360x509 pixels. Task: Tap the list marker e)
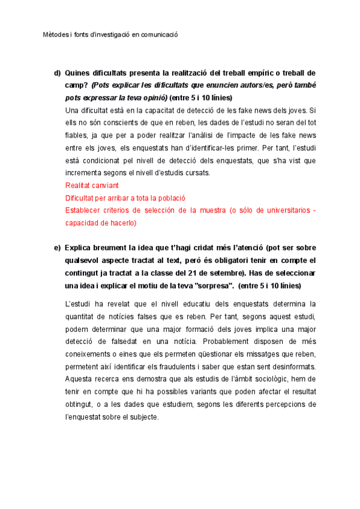[58, 248]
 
